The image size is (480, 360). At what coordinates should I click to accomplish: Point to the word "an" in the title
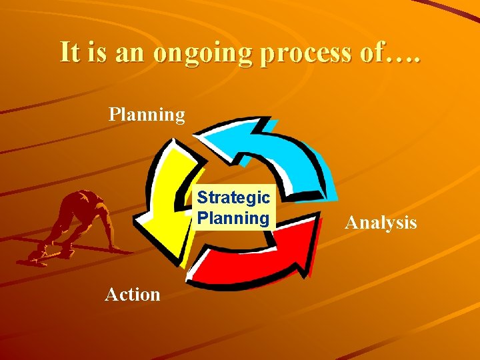133,53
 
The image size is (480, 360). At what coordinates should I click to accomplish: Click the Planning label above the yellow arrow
147,115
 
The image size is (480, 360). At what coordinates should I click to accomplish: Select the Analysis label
380,223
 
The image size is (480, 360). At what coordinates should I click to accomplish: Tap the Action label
133,294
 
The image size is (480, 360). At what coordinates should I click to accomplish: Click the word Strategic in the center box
233,198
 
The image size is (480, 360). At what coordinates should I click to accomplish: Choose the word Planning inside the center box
233,218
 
